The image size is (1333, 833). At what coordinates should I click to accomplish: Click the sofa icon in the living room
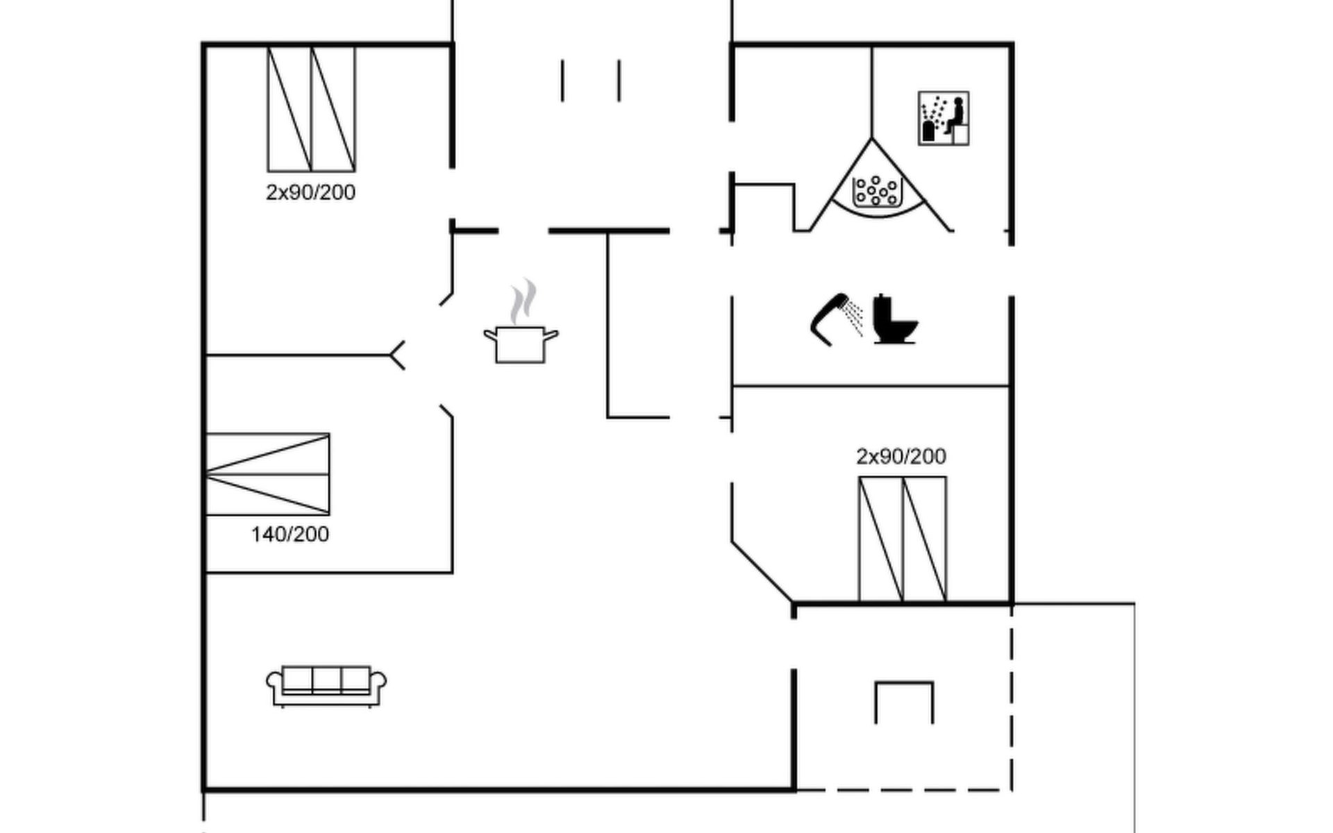tap(326, 686)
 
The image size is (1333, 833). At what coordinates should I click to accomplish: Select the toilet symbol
tap(895, 319)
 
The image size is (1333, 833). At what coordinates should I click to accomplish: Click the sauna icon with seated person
tap(944, 118)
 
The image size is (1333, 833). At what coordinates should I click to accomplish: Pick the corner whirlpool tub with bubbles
tap(877, 184)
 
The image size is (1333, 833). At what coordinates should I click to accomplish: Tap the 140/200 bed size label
tap(290, 534)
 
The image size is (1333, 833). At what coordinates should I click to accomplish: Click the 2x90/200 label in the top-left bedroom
tap(310, 192)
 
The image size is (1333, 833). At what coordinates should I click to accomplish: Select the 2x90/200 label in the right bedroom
tap(901, 456)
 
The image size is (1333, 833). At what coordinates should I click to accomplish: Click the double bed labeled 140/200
tap(267, 474)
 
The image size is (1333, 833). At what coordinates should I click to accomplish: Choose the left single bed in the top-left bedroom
tap(290, 109)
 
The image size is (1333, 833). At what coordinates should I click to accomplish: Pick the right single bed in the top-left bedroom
tap(333, 109)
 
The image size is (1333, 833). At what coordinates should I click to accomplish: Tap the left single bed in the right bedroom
tap(881, 539)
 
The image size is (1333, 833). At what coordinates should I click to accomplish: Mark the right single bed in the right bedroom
tap(925, 539)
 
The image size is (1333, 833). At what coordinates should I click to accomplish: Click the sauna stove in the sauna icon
tap(928, 130)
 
